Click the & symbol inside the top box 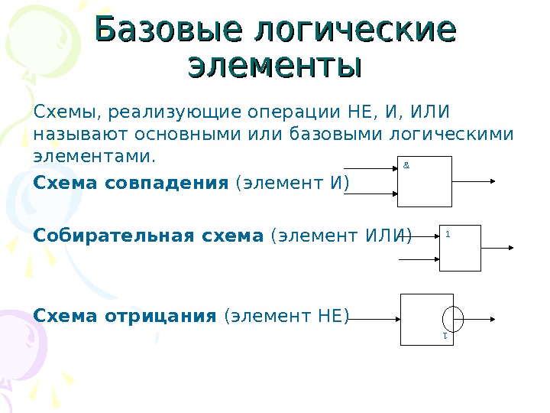tap(406, 164)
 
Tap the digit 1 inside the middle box tap(447, 235)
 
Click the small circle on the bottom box tap(452, 318)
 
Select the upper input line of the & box tap(371, 167)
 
